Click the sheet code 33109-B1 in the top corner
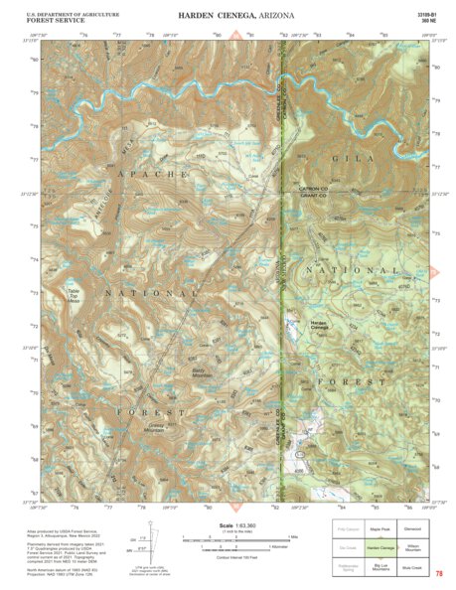click(428, 14)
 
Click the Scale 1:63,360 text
click(228, 525)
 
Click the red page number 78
click(438, 573)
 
